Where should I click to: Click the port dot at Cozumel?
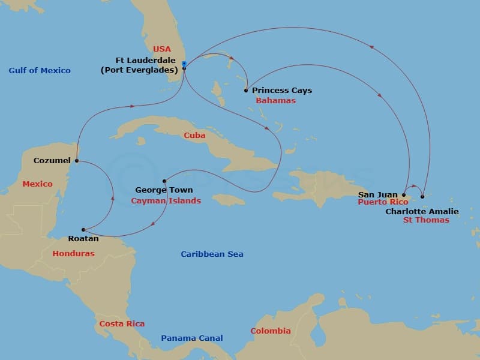click(x=77, y=161)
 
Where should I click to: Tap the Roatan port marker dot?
click(x=84, y=229)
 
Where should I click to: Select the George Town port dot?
click(x=164, y=181)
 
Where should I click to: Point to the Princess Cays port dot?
click(x=246, y=91)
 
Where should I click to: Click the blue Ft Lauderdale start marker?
click(x=184, y=64)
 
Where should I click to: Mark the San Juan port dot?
click(x=403, y=194)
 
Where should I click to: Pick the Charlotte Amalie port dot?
click(x=422, y=196)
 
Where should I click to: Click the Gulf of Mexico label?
click(x=40, y=71)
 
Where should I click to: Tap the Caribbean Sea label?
click(x=212, y=254)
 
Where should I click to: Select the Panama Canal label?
click(x=191, y=338)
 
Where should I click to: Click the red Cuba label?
click(x=194, y=136)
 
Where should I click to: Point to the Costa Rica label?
click(x=122, y=324)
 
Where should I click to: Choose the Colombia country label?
click(x=270, y=331)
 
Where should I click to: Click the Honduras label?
click(x=73, y=254)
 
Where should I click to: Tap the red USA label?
click(x=162, y=49)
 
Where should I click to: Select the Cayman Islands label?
click(x=166, y=201)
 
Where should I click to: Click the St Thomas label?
click(x=426, y=220)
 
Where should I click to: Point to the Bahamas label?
click(x=275, y=101)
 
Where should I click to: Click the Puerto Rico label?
click(x=383, y=203)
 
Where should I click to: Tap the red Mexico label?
click(x=37, y=184)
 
